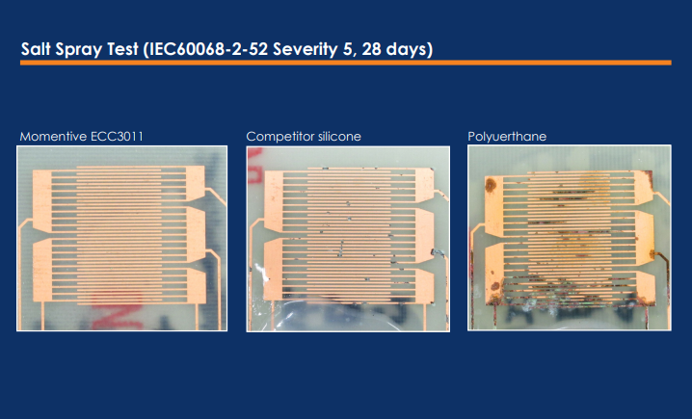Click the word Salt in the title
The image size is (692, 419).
coord(36,48)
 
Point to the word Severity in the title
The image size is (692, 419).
coord(305,49)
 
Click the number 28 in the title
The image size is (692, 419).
coord(371,49)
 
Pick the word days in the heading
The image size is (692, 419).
coord(406,49)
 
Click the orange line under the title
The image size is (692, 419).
coord(346,63)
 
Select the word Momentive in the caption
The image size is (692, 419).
coord(53,136)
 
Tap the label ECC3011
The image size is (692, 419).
coord(117,136)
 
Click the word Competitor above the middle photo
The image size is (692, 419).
coord(280,137)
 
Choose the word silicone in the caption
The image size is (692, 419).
coord(339,136)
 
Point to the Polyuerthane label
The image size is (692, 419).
coord(507,137)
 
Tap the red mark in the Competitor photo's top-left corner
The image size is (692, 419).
coord(254,166)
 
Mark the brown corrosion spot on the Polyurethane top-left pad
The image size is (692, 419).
coord(491,185)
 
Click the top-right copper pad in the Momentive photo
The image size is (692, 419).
coord(195,183)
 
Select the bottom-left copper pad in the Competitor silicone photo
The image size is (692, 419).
coord(274,270)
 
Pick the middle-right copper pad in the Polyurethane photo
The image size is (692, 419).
coord(645,237)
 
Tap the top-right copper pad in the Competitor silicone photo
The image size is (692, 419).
coord(425,185)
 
